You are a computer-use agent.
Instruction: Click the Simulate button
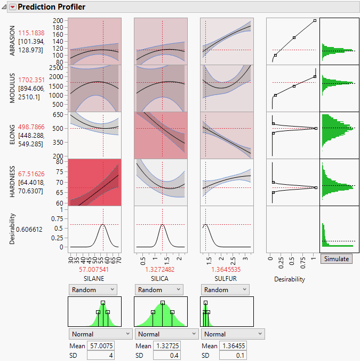tap(336, 259)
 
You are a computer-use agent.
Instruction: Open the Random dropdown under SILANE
tap(92, 289)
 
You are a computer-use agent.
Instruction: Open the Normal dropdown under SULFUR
tap(233, 334)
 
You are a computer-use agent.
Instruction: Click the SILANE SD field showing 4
tap(99, 356)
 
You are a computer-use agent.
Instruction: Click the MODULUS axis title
tap(12, 88)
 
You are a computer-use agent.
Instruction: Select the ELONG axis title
tap(12, 135)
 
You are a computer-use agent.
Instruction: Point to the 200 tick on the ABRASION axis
tap(59, 20)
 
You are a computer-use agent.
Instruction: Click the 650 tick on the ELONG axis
tap(59, 115)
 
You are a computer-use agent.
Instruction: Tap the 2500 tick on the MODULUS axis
tap(56, 68)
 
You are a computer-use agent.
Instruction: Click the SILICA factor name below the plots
tap(160, 279)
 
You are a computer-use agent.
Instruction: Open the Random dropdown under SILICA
tap(160, 289)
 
